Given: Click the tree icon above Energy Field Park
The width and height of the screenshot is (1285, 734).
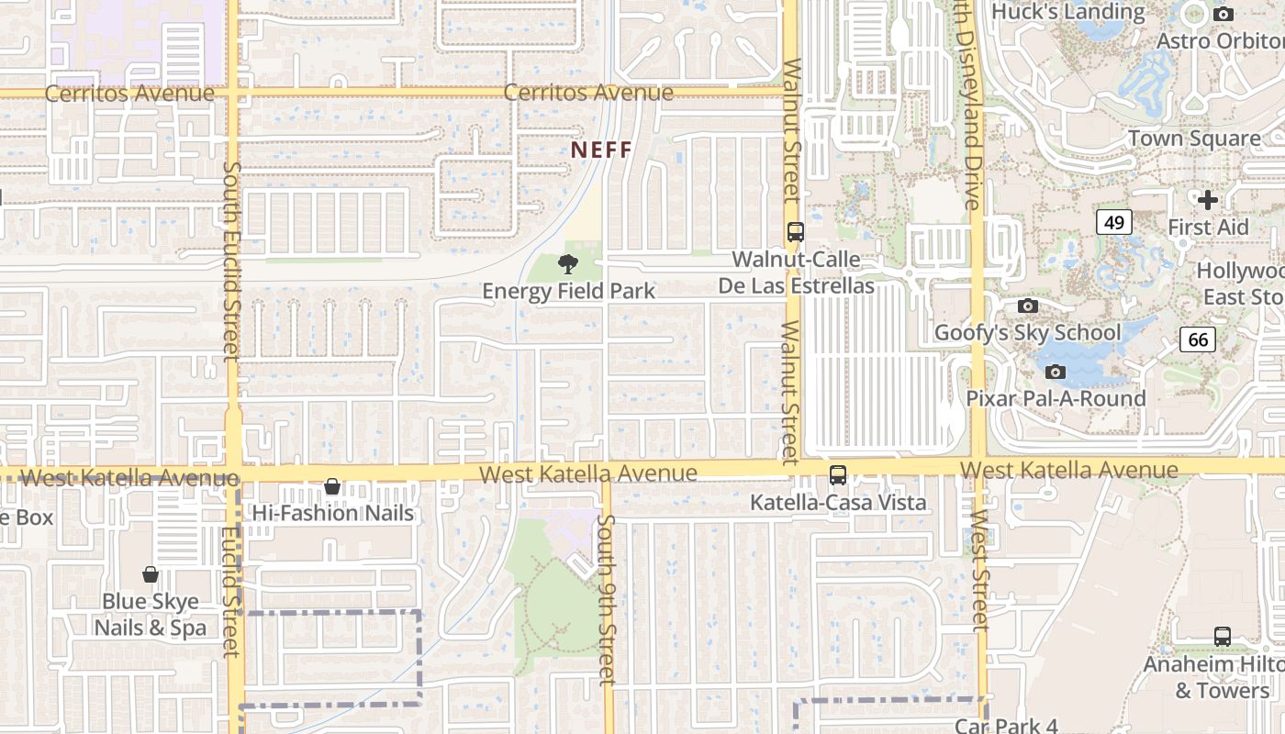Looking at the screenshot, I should [568, 265].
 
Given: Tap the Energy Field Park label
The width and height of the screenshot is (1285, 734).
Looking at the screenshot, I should [568, 291].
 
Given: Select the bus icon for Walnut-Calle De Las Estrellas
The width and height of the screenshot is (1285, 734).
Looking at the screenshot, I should [796, 232].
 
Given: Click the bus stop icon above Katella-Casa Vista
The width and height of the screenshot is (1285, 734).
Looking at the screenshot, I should [838, 475].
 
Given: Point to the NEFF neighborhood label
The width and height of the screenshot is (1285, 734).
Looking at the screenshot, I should [601, 149].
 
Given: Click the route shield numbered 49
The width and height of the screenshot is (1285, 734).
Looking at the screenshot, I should [1113, 222].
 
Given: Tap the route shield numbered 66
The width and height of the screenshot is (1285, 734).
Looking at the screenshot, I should [1198, 339].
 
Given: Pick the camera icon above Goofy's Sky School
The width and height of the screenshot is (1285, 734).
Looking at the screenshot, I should [1028, 306].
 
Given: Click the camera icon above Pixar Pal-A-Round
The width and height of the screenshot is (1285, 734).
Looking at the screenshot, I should [1056, 372].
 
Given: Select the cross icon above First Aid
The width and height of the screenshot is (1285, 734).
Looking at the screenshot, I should [1208, 199].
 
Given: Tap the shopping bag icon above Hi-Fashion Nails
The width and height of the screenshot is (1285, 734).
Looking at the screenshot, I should [332, 486].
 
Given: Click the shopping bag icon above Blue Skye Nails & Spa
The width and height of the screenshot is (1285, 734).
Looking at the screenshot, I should [151, 574].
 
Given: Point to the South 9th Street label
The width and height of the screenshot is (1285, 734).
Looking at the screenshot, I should [606, 599].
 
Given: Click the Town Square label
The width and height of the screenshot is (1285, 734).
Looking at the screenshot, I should [1194, 139].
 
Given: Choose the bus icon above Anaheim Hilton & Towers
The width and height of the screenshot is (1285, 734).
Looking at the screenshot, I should [1223, 637].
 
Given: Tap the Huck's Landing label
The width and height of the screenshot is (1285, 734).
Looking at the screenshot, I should [1068, 12].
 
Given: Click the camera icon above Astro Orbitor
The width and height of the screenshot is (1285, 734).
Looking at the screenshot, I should [1224, 14].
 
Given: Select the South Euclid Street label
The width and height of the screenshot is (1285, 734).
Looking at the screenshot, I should [231, 261].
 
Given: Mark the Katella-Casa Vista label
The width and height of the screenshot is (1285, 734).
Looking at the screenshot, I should [838, 503].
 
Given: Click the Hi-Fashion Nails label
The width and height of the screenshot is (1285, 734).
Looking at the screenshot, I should [333, 513].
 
